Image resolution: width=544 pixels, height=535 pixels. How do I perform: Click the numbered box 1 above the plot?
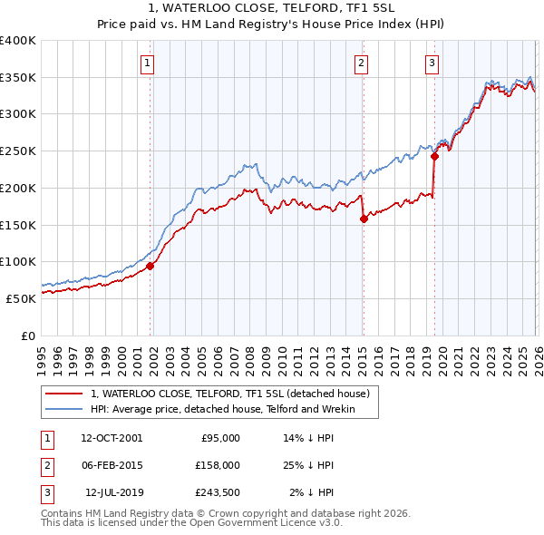coord(147,63)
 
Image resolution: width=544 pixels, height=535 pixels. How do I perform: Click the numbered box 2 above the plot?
coord(361,63)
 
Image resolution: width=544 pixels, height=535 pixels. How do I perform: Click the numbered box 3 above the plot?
coord(432,63)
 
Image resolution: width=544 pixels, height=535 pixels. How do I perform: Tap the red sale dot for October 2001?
coord(151,266)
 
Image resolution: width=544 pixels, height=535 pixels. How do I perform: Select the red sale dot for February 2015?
coord(364,219)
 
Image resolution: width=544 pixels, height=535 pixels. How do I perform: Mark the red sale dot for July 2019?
coord(434,156)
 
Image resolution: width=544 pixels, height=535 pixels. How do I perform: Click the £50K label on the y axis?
coord(21,298)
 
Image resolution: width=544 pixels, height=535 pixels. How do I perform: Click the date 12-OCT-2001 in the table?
coord(112,438)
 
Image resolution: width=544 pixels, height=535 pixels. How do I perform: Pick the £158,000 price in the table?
coord(218,465)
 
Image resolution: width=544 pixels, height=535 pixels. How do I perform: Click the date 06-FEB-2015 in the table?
coord(112,465)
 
